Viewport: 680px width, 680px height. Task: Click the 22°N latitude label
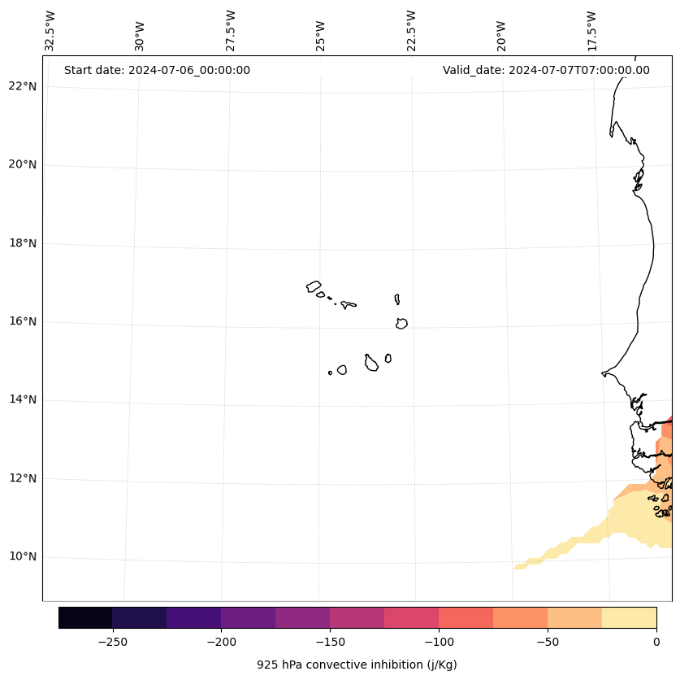click(x=23, y=86)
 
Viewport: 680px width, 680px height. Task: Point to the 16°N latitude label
click(x=23, y=321)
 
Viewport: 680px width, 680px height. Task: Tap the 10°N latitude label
click(x=23, y=556)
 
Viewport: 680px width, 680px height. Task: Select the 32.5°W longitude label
click(x=50, y=31)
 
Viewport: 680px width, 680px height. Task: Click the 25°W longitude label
click(x=321, y=34)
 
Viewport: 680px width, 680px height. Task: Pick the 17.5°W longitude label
click(x=592, y=31)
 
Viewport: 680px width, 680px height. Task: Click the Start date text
click(x=157, y=70)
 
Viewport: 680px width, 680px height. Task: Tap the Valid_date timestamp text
click(x=546, y=70)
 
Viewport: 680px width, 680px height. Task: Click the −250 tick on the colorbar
click(x=112, y=642)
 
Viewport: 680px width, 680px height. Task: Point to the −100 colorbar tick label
click(x=439, y=642)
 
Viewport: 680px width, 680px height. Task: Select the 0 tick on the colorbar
click(x=656, y=642)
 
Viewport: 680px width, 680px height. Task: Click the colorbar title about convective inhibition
click(x=357, y=665)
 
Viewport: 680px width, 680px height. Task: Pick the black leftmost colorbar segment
click(x=85, y=617)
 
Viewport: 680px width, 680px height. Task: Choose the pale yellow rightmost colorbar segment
click(x=629, y=617)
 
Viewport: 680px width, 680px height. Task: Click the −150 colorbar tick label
click(x=330, y=642)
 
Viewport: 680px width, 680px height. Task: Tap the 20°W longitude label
click(x=502, y=34)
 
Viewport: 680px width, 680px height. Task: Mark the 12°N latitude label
click(x=23, y=478)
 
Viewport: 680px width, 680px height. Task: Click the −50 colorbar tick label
click(x=548, y=642)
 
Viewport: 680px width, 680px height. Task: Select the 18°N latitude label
click(x=23, y=243)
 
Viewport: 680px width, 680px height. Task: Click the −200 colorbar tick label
click(x=221, y=642)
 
